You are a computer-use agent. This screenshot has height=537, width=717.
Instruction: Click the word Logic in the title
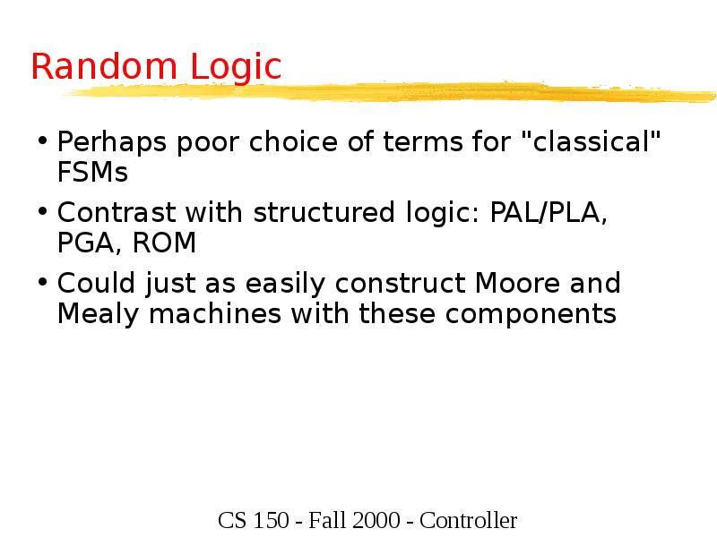coord(235,68)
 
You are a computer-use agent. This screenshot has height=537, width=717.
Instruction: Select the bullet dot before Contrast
coord(43,213)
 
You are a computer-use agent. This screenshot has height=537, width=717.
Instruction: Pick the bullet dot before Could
coord(43,285)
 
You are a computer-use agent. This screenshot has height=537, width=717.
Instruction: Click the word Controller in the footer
coord(468,520)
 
